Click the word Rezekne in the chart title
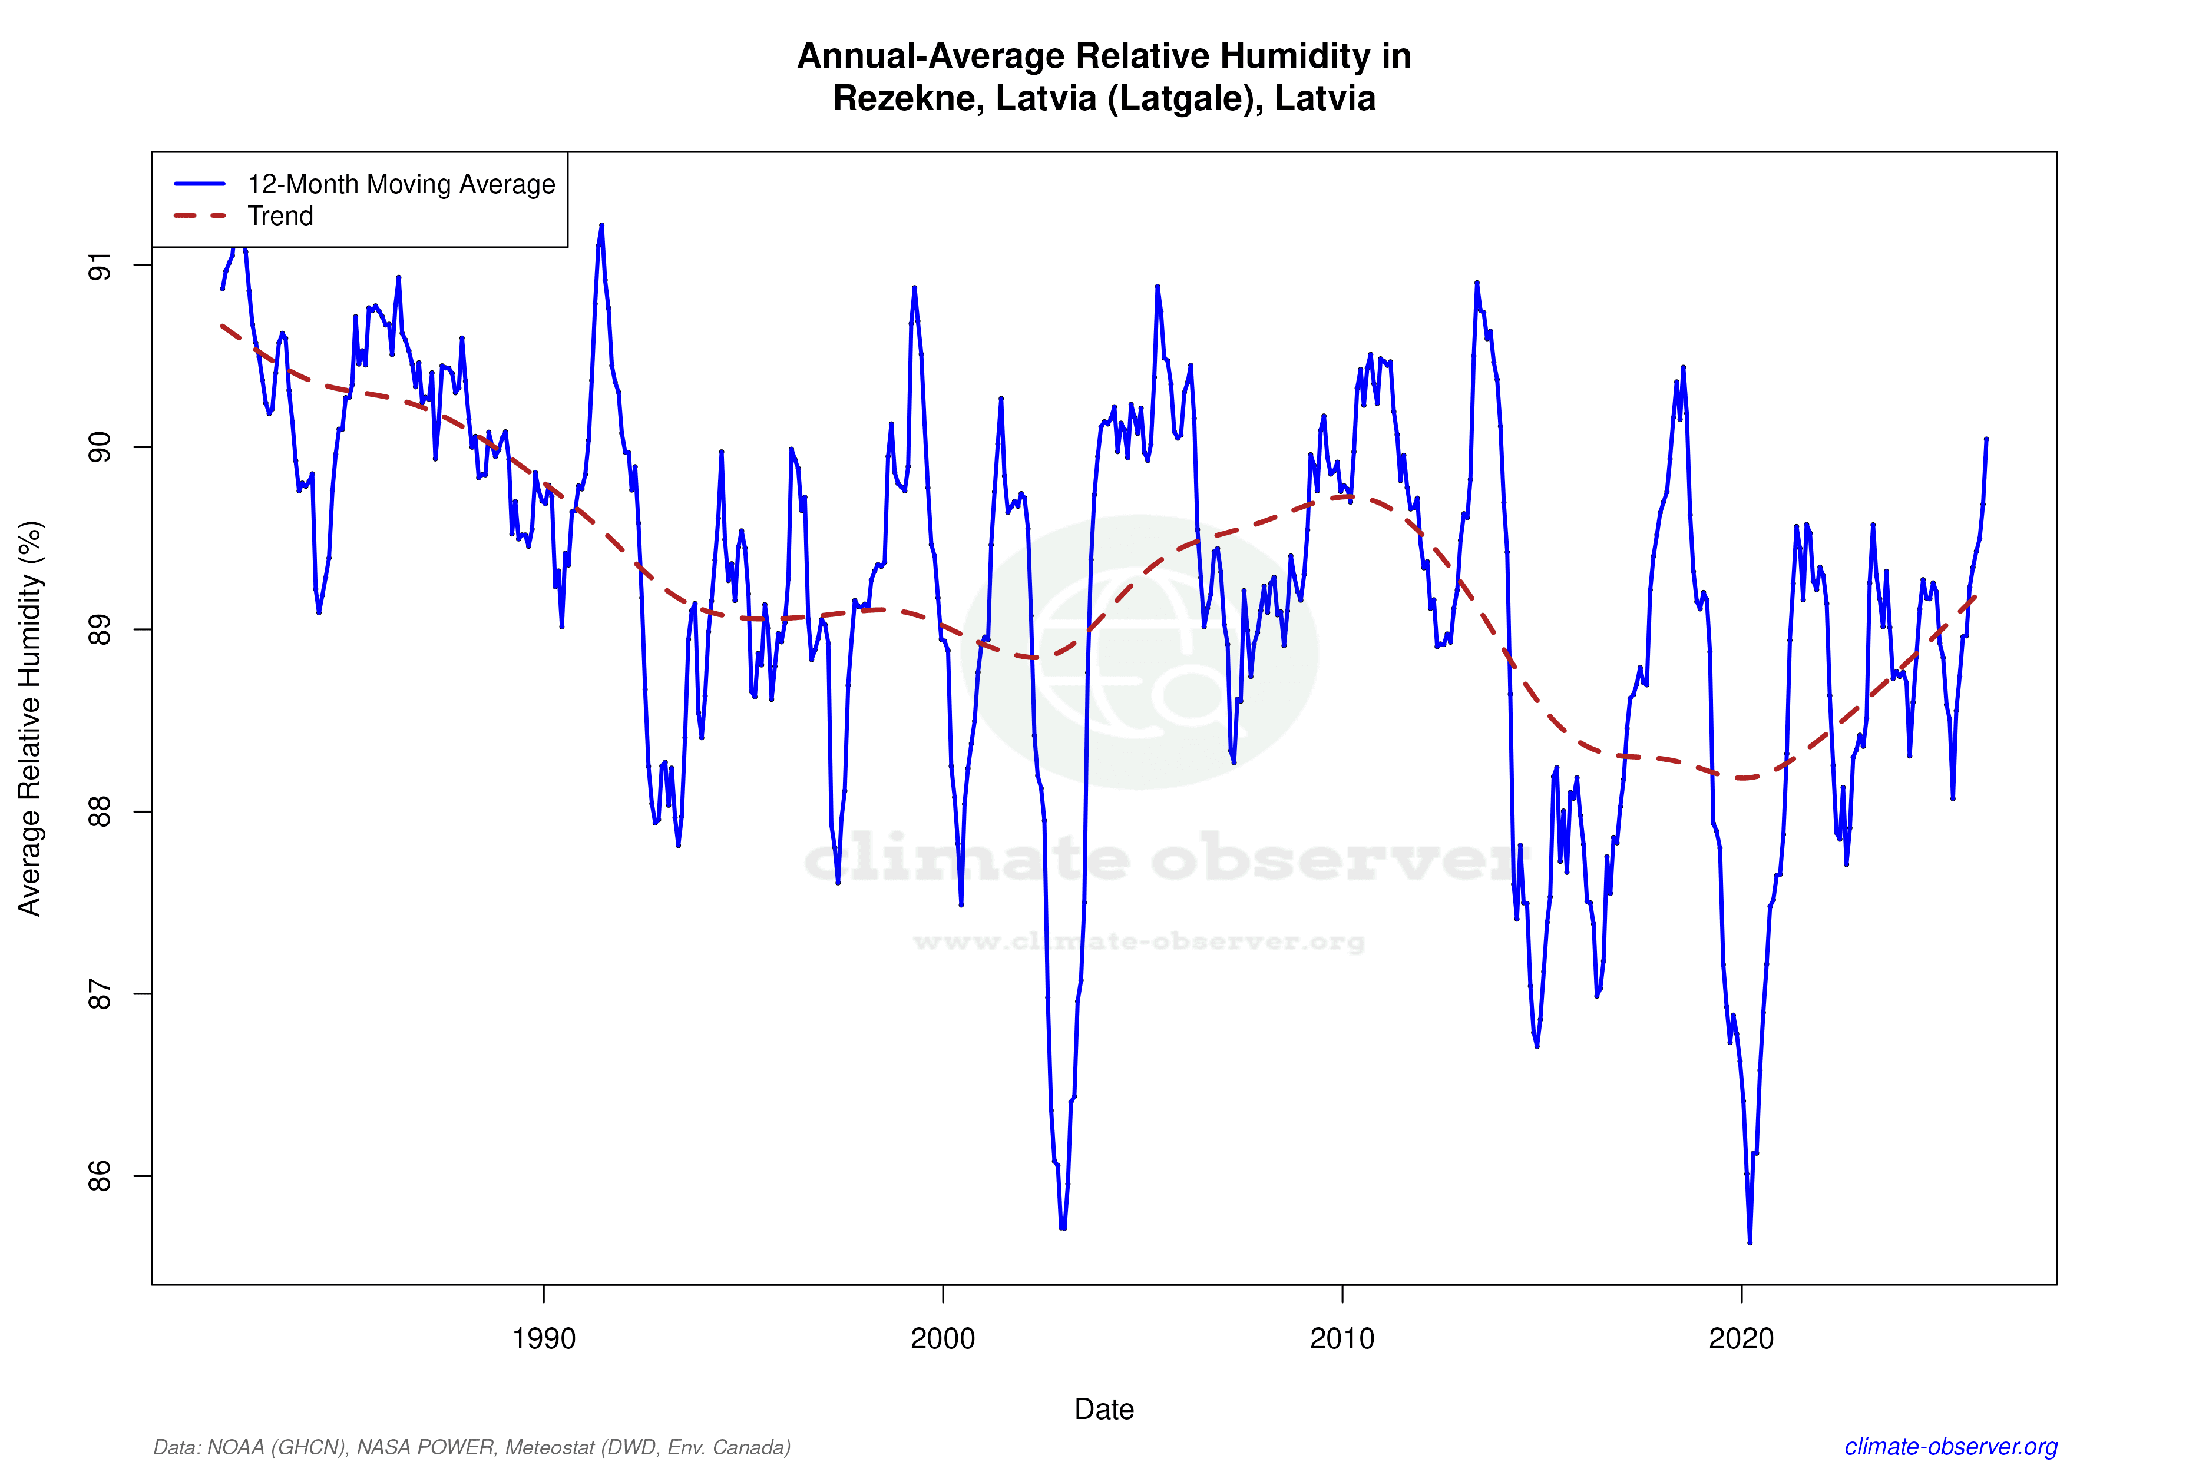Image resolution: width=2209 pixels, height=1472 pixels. (907, 98)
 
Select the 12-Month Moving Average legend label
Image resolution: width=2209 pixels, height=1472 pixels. (401, 184)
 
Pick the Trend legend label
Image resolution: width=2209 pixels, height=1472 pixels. (280, 216)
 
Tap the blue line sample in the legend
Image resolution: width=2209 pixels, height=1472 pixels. (200, 184)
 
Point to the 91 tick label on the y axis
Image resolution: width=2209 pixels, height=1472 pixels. (100, 266)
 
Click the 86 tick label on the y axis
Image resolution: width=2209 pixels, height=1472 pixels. (100, 1176)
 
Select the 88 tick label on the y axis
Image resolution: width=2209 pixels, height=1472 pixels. (100, 812)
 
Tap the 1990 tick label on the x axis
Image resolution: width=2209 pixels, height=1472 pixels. (544, 1338)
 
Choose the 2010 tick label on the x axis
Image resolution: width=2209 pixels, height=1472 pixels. (1342, 1338)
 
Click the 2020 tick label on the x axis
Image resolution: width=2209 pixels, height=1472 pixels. (1741, 1338)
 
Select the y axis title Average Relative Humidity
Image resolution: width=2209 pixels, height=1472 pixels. (30, 718)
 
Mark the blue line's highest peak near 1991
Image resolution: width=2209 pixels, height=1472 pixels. (601, 226)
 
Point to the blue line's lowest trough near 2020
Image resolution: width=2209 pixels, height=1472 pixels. (1750, 1242)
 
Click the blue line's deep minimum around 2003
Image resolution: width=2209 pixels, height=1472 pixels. (1062, 1227)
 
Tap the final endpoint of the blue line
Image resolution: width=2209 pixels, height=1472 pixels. (1986, 439)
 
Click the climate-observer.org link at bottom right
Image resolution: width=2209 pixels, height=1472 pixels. (1951, 1447)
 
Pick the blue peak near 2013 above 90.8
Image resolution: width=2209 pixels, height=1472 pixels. (1476, 283)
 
